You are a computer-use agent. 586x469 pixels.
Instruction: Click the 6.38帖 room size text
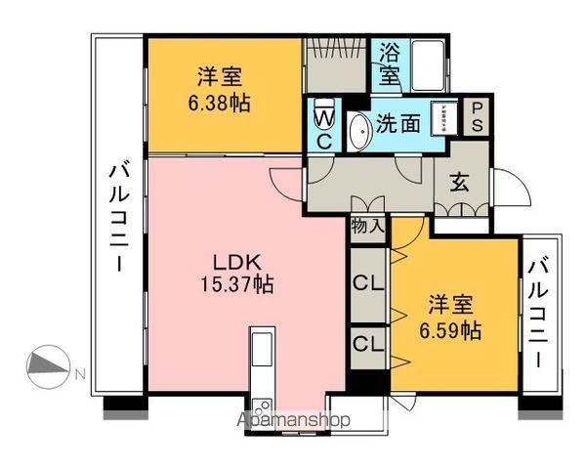[221, 102]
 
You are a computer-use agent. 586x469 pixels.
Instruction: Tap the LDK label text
[236, 262]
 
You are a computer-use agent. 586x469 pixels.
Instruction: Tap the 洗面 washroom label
[398, 124]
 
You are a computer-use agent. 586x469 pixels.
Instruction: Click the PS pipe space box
[478, 117]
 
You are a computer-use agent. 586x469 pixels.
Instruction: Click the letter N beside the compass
[81, 374]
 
